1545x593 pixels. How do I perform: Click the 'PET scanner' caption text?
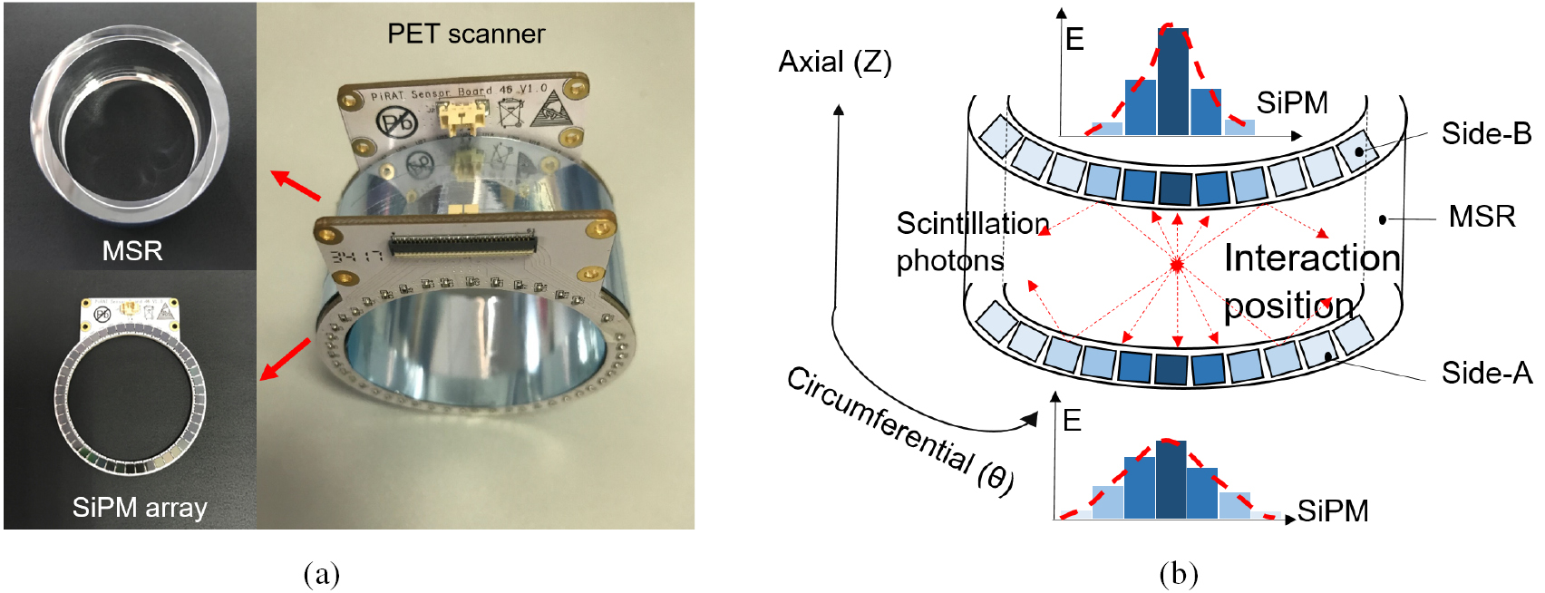(466, 34)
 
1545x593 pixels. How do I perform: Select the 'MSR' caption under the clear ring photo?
(132, 250)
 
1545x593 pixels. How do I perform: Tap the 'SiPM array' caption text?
(140, 508)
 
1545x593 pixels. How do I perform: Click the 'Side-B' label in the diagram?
(1486, 134)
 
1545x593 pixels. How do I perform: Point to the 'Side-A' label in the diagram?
(1486, 373)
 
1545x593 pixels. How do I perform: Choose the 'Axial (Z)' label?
(835, 62)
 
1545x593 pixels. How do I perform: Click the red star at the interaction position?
(1177, 265)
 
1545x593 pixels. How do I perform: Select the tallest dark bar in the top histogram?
(1173, 82)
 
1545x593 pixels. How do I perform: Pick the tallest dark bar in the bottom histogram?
(1171, 480)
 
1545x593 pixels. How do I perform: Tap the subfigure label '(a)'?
(322, 574)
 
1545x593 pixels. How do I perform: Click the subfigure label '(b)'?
(1178, 574)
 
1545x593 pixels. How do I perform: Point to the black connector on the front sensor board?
(462, 243)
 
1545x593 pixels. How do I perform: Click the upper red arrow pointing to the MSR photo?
(296, 185)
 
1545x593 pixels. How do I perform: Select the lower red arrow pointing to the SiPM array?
(285, 360)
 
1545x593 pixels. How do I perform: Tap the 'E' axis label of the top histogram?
(1074, 40)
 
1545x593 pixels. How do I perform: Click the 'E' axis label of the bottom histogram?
(1072, 421)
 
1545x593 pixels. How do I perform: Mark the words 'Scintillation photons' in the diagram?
(970, 242)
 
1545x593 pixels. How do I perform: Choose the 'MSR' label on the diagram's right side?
(1482, 217)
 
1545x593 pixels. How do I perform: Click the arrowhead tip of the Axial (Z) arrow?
(839, 108)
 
